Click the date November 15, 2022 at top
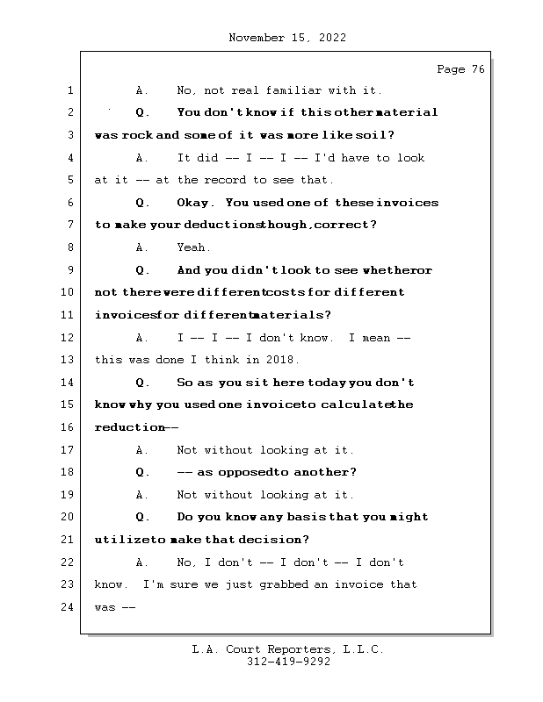click(286, 38)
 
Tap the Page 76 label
click(460, 69)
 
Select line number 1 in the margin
click(69, 90)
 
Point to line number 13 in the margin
click(68, 360)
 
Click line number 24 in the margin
click(68, 607)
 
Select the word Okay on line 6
click(192, 203)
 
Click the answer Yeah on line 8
click(192, 247)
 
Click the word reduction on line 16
click(129, 427)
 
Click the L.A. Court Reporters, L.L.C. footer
click(287, 649)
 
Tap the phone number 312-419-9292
click(287, 663)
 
